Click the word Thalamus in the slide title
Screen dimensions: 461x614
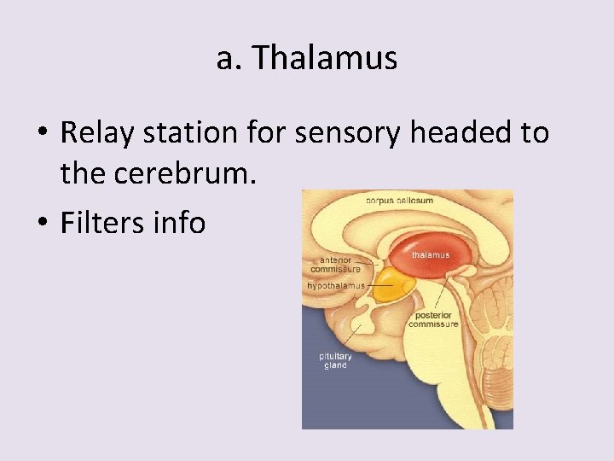[x=325, y=58]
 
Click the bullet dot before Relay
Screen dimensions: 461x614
[x=41, y=134]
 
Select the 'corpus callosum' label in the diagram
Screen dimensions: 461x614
[x=399, y=201]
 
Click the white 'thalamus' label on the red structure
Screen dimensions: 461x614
[x=431, y=254]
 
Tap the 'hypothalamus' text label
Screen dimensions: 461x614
[x=336, y=285]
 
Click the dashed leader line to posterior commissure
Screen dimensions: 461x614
[x=440, y=295]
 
